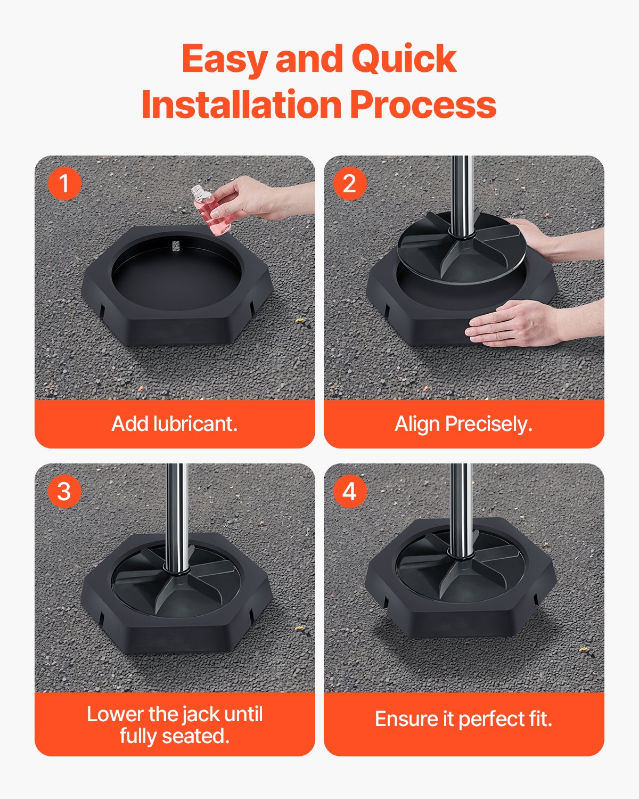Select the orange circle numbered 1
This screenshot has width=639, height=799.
coord(64,184)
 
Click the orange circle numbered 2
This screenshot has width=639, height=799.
coord(349,184)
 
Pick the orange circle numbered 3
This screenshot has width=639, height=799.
coord(64,491)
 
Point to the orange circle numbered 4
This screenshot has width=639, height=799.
coord(349,491)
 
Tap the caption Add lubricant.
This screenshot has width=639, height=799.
coord(175,424)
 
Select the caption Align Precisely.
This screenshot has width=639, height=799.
coord(463,424)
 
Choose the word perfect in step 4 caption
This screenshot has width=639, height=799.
coord(491,719)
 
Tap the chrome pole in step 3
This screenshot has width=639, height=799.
coord(176,511)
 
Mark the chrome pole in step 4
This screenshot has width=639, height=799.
coord(461,506)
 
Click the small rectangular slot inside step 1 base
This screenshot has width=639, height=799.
coord(176,246)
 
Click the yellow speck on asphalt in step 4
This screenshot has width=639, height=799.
coord(585,650)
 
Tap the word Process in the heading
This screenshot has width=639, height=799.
coord(423,104)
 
